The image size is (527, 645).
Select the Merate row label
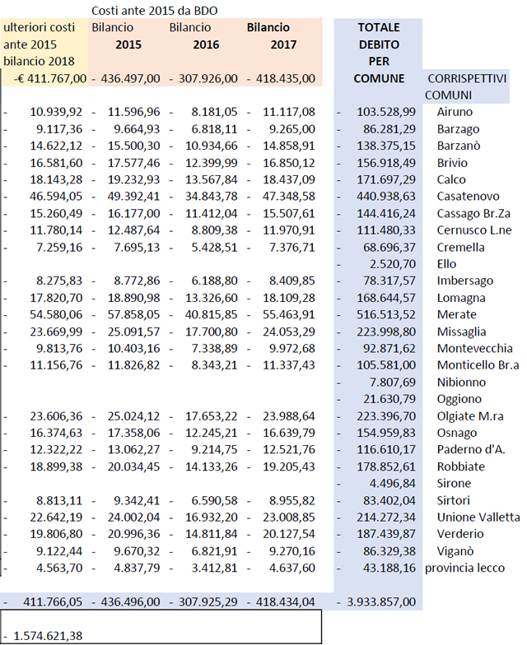(457, 314)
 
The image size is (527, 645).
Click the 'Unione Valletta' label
(478, 517)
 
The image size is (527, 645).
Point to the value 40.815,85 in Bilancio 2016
(208, 314)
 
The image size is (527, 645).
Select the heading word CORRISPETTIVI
(467, 78)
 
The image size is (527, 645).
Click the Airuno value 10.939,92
(55, 112)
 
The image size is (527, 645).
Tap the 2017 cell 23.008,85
(286, 517)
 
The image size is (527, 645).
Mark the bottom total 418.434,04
(286, 601)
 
